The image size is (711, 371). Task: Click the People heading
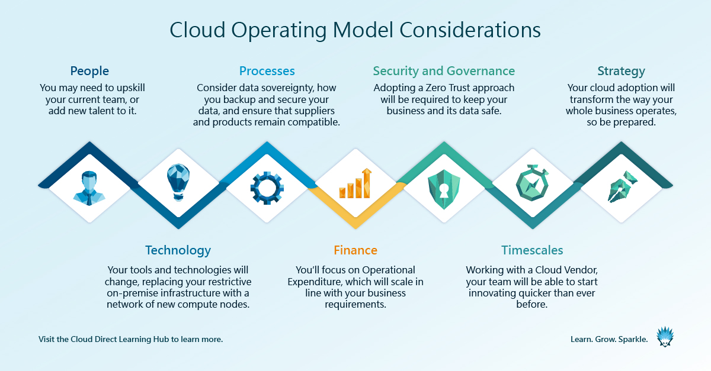[89, 71]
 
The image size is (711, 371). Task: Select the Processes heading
[267, 71]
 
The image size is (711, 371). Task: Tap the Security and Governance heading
[444, 71]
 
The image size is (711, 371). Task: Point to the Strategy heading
[621, 71]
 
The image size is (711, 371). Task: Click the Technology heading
[178, 250]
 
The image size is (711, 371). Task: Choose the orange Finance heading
[355, 250]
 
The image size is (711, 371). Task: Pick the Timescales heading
[532, 250]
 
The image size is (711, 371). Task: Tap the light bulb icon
[178, 183]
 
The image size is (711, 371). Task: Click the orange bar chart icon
[355, 183]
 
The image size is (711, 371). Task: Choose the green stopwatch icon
[532, 184]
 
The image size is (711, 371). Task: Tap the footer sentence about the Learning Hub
[130, 340]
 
